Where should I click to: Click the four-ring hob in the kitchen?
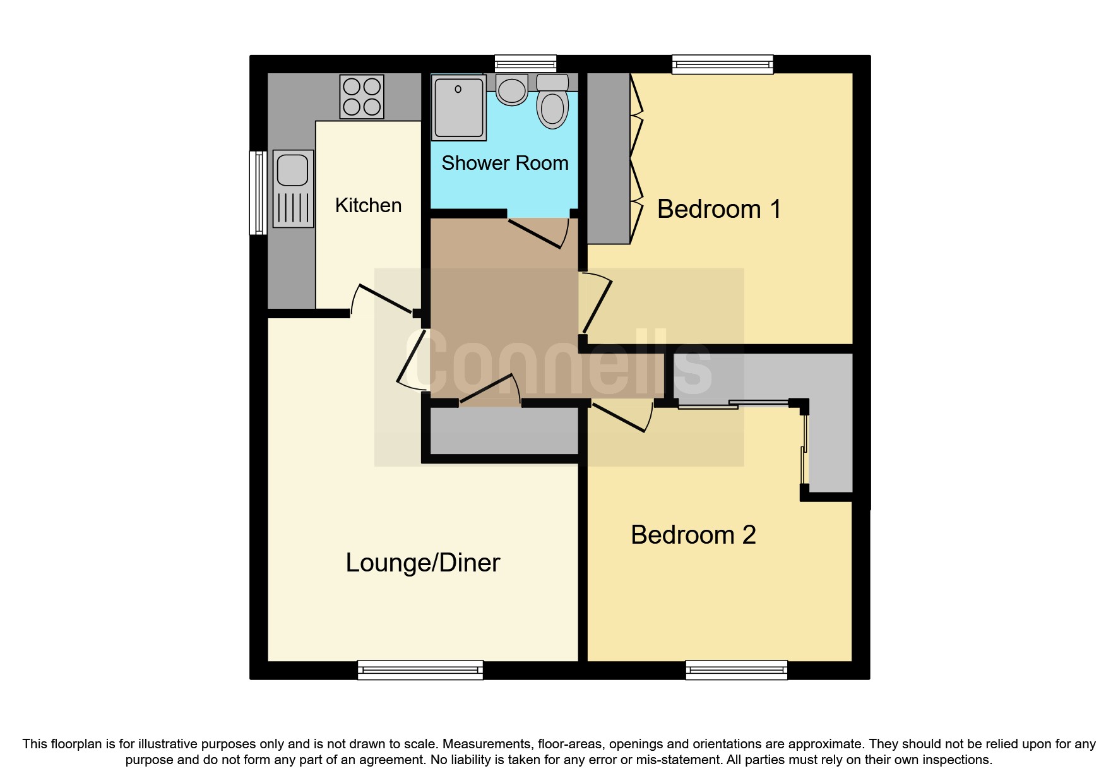(362, 97)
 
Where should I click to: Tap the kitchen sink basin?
(292, 170)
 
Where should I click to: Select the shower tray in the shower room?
(459, 107)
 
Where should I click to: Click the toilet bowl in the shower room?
(552, 109)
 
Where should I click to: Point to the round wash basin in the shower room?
(512, 90)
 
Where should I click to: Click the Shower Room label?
(504, 163)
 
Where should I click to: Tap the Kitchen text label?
(368, 205)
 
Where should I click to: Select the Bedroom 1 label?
(719, 209)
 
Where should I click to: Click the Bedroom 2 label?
(693, 535)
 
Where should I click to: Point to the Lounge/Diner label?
(422, 563)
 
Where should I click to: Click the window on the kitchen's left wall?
(258, 193)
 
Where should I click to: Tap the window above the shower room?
(525, 63)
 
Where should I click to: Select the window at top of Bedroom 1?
(722, 64)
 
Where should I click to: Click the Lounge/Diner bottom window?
(420, 669)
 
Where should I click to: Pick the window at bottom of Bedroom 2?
(736, 669)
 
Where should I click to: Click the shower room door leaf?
(534, 233)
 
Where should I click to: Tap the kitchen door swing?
(384, 299)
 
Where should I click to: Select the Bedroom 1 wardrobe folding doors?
(636, 158)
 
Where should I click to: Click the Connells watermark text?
(559, 363)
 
